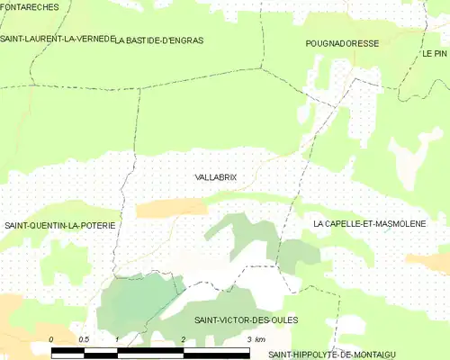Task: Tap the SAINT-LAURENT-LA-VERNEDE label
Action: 57,40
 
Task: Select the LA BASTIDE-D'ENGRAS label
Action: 159,40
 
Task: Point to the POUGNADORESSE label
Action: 341,43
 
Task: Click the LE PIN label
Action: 434,54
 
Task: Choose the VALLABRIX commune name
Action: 216,177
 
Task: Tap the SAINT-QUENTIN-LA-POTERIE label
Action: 59,224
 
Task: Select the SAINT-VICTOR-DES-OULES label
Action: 246,319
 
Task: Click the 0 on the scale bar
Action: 51,338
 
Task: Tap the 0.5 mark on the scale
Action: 84,338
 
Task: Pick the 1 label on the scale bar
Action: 118,338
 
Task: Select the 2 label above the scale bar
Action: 184,338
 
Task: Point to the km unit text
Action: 260,338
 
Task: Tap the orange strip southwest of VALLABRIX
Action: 171,209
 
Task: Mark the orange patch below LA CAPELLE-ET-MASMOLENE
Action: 427,261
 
